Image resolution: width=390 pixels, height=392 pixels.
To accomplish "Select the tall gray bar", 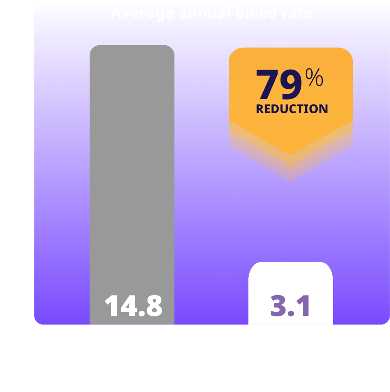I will tap(132, 171).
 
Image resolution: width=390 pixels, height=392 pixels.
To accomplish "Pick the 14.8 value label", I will tap(133, 306).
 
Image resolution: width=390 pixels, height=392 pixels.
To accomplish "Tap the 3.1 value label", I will tap(290, 306).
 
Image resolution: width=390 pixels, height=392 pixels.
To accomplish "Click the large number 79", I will tap(278, 85).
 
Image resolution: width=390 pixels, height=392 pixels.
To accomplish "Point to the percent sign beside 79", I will tap(314, 79).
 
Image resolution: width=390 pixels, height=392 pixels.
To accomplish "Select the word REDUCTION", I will tap(292, 109).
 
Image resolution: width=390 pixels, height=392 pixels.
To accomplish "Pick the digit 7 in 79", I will tap(266, 85).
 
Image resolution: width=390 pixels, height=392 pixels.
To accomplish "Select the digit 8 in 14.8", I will tap(153, 306).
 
